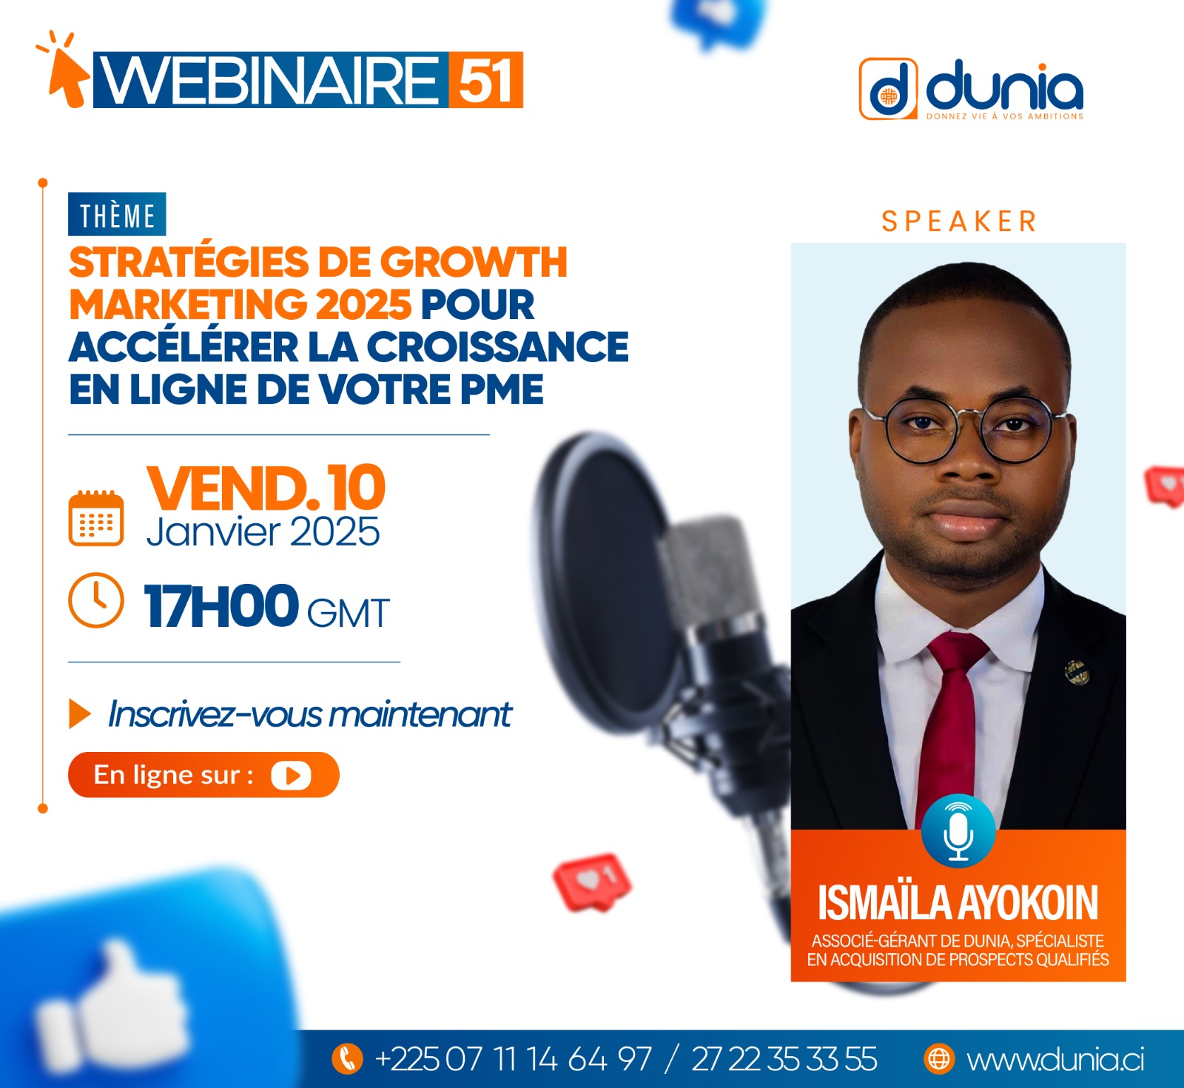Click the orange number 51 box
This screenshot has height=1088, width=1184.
coord(485,80)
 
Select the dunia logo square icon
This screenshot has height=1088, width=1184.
coord(888,89)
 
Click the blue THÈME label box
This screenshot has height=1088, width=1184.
coord(117,215)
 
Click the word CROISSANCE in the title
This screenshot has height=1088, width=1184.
coord(497,346)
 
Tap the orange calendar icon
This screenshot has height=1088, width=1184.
coord(96,518)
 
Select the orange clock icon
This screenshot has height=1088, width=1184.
coord(96,600)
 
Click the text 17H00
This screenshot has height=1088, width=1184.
coord(221,606)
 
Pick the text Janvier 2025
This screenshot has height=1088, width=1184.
coord(263,532)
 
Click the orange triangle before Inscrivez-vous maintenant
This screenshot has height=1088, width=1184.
coord(79,713)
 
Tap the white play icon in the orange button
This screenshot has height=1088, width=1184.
coord(291,776)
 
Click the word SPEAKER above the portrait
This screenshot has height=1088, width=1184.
coord(959,221)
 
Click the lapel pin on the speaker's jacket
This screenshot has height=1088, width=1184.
coord(1077,671)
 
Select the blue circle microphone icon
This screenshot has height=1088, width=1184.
coord(958,831)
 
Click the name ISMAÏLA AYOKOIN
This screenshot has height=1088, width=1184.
coord(958,903)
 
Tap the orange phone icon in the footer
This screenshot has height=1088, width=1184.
coord(347,1058)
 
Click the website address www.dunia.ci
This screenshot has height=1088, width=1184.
coord(1055,1060)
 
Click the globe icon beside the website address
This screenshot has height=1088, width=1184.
coord(939,1059)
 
